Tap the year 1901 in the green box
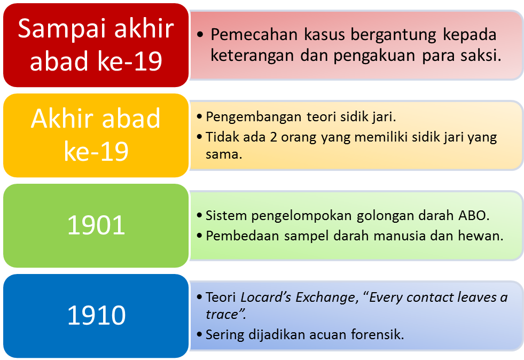96,225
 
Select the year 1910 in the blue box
96,315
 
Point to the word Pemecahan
254,34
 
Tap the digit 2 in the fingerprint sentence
273,137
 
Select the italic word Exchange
325,298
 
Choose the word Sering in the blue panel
225,335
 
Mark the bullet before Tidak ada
200,137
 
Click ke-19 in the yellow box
96,151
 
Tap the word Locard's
266,297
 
